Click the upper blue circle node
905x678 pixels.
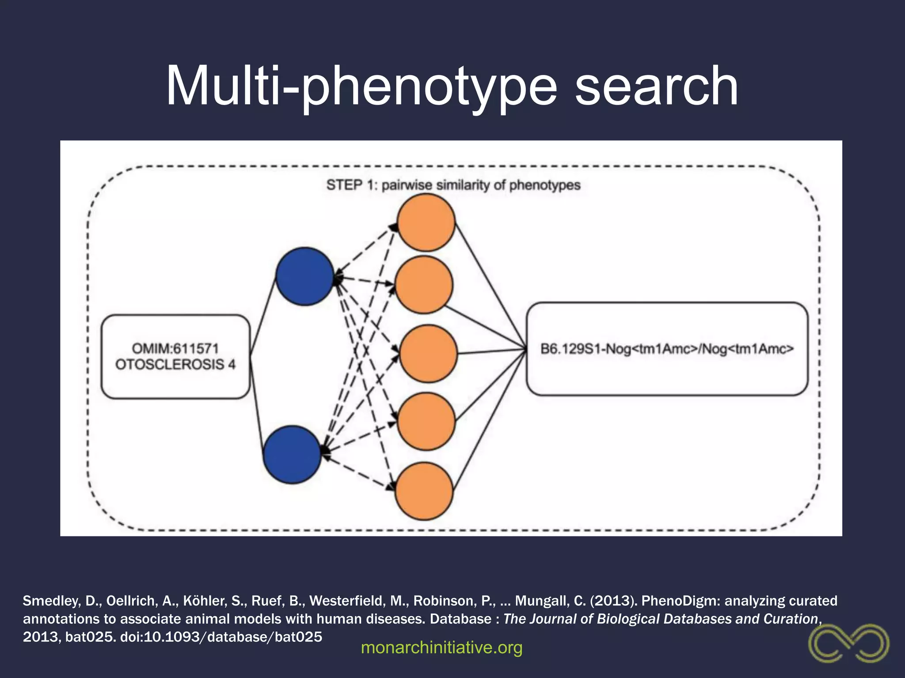point(304,276)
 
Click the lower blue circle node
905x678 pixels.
point(292,455)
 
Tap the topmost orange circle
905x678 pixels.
point(426,222)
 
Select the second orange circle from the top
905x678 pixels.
point(424,285)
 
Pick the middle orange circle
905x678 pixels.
point(428,354)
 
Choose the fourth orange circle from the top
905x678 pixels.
point(426,422)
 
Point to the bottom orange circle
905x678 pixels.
point(424,491)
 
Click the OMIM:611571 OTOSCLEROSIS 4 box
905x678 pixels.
point(175,357)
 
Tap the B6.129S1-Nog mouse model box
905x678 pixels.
point(667,349)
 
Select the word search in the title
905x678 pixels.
point(656,86)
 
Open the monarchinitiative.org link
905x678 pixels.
point(441,648)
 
